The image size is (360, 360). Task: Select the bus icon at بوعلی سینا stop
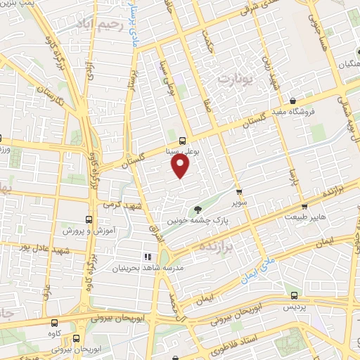(x=182, y=139)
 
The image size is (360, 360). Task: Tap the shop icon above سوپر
(x=238, y=191)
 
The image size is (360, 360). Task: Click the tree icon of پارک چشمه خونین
(x=198, y=209)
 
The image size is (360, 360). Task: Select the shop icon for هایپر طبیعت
(x=304, y=207)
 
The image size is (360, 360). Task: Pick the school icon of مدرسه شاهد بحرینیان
(x=148, y=257)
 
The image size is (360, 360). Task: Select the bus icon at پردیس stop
(x=294, y=295)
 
